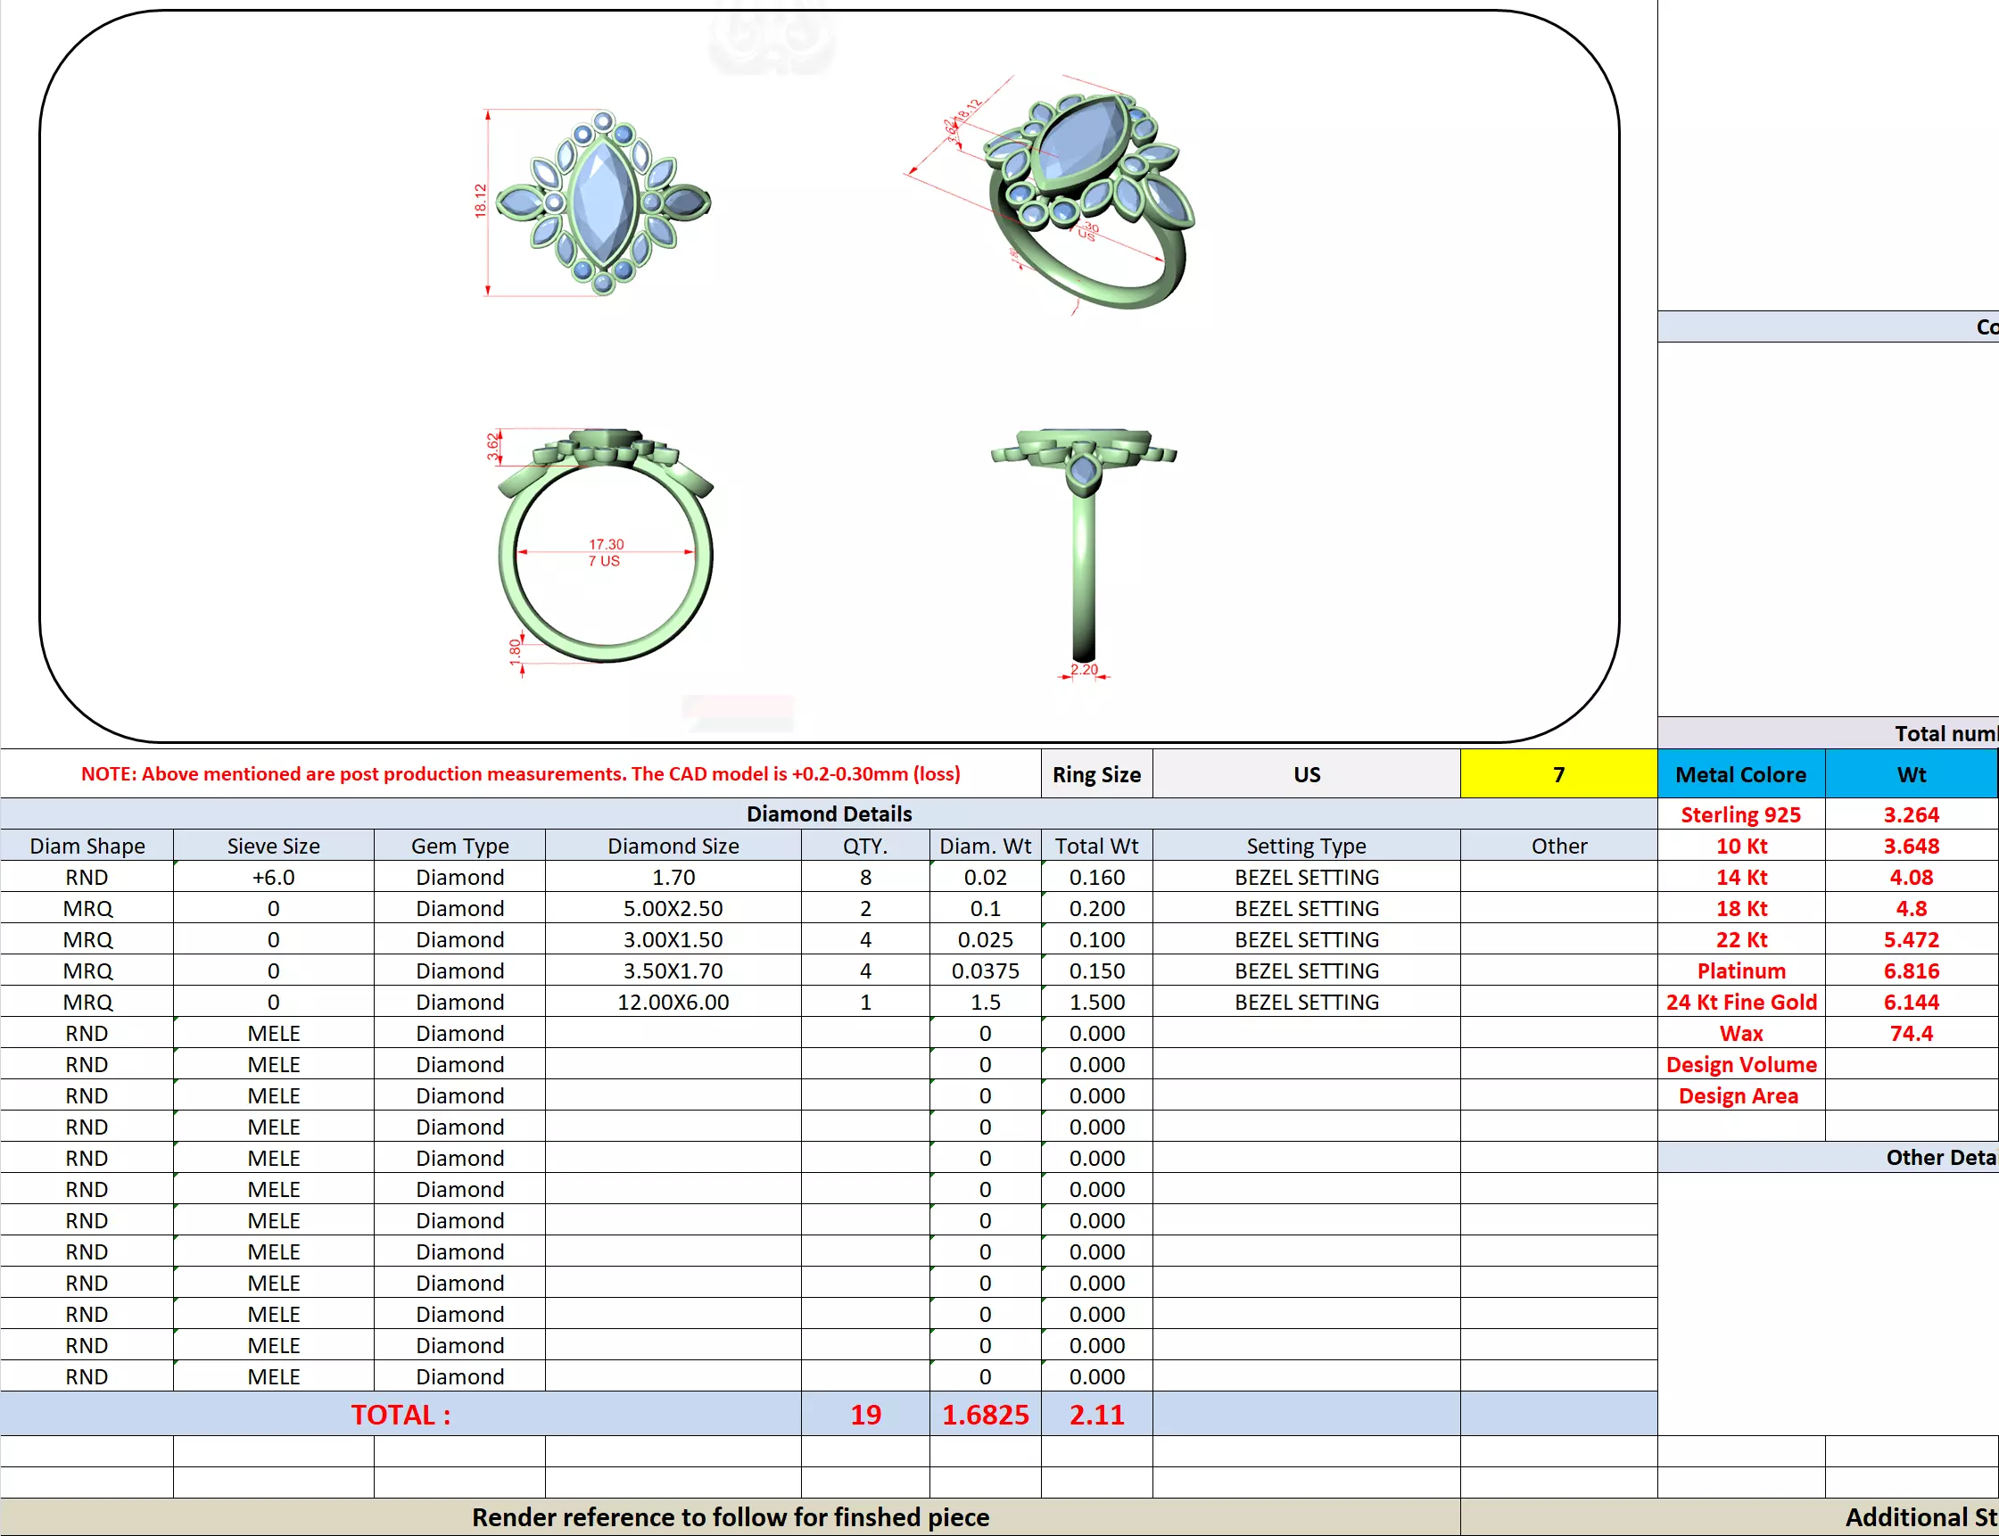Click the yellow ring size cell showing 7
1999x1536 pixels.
coord(1557,774)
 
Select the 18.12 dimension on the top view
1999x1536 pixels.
coord(480,200)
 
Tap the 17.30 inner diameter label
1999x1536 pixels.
coord(606,544)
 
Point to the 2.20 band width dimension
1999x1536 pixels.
coord(1084,669)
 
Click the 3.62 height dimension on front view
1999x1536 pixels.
coord(494,445)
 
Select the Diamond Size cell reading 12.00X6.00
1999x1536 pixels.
coord(673,1002)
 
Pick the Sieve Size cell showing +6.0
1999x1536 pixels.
coord(274,877)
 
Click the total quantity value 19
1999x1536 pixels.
coord(865,1415)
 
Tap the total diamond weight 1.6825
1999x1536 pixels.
coord(985,1415)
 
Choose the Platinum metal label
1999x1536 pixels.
coord(1740,971)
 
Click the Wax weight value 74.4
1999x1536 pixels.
coord(1911,1033)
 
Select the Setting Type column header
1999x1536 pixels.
coord(1305,846)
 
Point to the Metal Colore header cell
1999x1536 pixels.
coord(1740,774)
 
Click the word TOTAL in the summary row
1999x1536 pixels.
coord(401,1415)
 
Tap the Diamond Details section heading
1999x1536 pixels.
coord(829,813)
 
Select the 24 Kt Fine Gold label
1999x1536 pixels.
coord(1740,1002)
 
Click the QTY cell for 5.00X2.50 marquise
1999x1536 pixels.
coord(865,908)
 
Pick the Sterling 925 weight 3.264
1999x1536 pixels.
coord(1911,814)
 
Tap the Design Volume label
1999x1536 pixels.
coord(1740,1064)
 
